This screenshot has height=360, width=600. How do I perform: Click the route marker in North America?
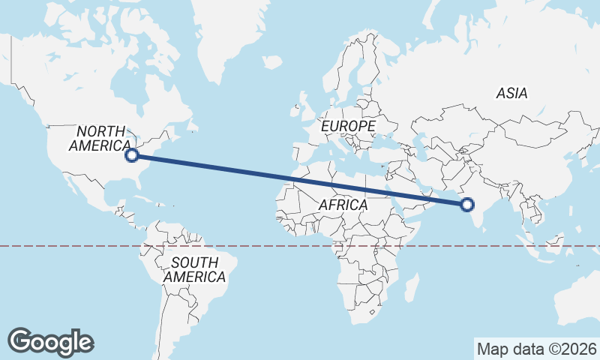[132, 155]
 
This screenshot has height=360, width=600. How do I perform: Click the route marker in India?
[467, 204]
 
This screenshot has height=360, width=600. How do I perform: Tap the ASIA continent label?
[511, 94]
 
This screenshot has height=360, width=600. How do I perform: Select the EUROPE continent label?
[348, 127]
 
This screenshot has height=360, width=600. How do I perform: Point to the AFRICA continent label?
[343, 205]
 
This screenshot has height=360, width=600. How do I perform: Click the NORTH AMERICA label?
[100, 138]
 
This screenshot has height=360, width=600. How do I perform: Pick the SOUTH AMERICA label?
[194, 270]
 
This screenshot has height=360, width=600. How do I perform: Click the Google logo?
[51, 341]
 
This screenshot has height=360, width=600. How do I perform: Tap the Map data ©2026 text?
[537, 349]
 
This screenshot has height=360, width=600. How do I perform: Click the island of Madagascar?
[412, 287]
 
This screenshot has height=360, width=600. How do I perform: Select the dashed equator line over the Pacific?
[60, 245]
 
